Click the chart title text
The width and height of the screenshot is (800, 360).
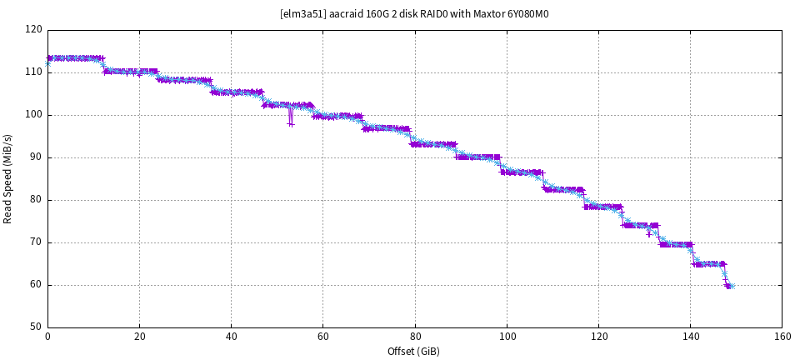click(x=414, y=13)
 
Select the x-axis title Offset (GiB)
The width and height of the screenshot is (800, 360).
click(x=413, y=351)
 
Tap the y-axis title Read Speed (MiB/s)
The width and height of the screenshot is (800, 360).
click(x=8, y=178)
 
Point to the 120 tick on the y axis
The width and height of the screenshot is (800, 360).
click(x=33, y=30)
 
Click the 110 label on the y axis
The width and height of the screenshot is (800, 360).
click(x=33, y=72)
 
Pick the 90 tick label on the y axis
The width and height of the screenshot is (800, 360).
click(x=36, y=157)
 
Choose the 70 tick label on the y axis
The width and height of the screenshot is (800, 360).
click(x=36, y=242)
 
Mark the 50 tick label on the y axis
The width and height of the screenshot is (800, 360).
click(x=36, y=327)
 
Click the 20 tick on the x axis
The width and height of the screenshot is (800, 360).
click(x=139, y=337)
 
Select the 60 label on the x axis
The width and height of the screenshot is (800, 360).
click(x=322, y=337)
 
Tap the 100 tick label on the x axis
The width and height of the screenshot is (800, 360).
click(x=507, y=337)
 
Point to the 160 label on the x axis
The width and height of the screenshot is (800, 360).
click(x=782, y=337)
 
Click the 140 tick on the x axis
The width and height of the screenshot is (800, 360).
click(x=690, y=337)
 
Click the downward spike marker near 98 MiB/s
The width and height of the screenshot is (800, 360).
click(x=290, y=123)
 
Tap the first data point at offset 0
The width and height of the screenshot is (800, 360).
click(x=48, y=61)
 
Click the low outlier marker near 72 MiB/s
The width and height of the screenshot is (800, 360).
click(x=649, y=233)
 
